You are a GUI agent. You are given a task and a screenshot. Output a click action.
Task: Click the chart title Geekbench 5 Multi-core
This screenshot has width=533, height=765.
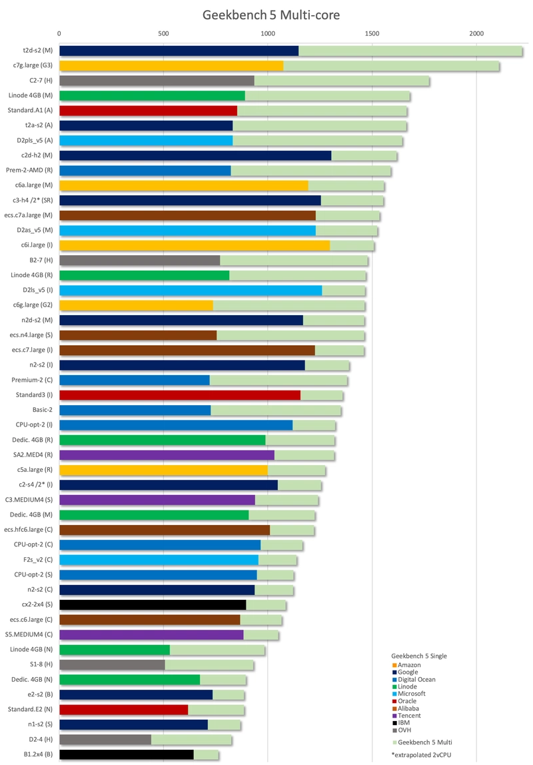(270, 15)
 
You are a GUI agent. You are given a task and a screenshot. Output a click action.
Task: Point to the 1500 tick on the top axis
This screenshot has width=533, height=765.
(372, 34)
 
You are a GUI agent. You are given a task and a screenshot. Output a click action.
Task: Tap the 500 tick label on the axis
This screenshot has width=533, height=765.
(163, 34)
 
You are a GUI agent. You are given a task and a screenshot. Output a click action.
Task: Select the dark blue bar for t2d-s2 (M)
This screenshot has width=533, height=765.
(179, 50)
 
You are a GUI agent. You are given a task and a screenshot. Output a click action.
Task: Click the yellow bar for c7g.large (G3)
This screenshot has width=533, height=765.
(171, 65)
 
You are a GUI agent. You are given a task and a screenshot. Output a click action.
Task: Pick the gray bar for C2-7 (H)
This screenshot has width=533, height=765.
(157, 81)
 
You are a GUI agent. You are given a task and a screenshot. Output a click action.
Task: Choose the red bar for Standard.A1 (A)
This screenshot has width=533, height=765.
(149, 110)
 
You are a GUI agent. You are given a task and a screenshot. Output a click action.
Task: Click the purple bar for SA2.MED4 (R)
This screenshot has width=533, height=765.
(167, 454)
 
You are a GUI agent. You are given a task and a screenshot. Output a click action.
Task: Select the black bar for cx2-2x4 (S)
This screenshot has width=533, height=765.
(153, 604)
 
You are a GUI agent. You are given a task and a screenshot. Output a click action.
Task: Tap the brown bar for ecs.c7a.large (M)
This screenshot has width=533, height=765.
(187, 215)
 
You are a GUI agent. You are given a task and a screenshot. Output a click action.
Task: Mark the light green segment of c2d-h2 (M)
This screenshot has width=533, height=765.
(364, 155)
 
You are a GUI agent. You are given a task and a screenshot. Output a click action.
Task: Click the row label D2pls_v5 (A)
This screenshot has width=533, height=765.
(35, 141)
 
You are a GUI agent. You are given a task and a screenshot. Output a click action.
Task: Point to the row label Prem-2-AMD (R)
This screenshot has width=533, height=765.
(29, 171)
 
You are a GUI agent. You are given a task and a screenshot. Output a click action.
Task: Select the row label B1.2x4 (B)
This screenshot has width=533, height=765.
(38, 754)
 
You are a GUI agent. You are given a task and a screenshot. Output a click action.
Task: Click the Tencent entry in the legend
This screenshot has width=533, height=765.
(408, 716)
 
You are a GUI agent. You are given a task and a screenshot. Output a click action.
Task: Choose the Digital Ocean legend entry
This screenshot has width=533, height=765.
(414, 679)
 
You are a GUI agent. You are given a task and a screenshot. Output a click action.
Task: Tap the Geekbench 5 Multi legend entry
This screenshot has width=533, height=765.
(422, 742)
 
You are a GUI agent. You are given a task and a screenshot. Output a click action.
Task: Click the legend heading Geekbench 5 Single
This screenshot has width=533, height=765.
(419, 656)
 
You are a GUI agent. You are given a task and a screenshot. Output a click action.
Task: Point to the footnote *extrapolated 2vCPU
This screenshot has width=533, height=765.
(421, 755)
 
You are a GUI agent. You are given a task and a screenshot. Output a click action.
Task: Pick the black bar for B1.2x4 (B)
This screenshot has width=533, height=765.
(127, 754)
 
